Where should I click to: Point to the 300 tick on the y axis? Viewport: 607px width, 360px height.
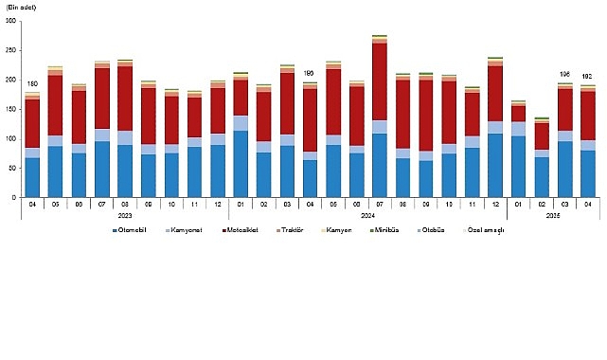click(11, 22)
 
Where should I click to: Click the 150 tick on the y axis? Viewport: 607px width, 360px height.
click(11, 109)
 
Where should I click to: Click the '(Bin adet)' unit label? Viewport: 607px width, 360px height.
click(21, 7)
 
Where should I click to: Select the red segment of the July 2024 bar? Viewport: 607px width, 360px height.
click(380, 81)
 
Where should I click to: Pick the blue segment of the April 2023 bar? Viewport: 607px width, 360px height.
click(32, 177)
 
